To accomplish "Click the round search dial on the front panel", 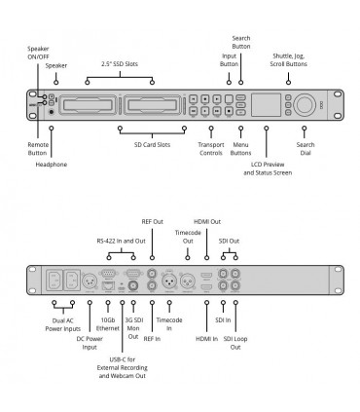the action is (305, 104).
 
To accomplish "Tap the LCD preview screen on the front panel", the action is (267, 104).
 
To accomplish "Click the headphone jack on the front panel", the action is (52, 112).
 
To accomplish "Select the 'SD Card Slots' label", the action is (152, 145).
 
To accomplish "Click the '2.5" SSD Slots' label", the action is (120, 64).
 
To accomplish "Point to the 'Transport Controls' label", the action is (211, 149).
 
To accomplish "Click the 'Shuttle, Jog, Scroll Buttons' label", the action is (288, 60).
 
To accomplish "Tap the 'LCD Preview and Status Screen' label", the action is (268, 169).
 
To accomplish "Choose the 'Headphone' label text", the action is (52, 165).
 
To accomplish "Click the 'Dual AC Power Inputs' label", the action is (63, 324).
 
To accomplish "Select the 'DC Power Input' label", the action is (90, 343).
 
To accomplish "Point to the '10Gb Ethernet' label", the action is (108, 324).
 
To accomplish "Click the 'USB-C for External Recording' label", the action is (123, 363).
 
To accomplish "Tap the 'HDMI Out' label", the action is (207, 222).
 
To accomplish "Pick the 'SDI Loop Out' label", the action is (235, 343).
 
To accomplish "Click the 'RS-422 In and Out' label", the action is (122, 241).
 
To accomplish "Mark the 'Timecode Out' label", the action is (188, 237).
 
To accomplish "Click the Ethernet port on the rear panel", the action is (108, 286).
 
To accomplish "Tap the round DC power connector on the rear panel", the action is (90, 281).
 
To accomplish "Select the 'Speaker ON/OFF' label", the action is (38, 53).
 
